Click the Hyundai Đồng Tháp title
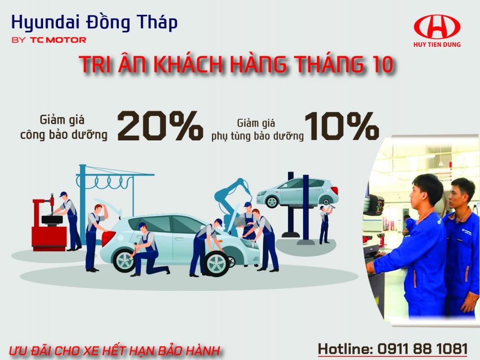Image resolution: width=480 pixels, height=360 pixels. [94, 23]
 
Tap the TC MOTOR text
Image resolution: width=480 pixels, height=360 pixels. [58, 40]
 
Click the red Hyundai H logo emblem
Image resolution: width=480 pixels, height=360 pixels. [437, 27]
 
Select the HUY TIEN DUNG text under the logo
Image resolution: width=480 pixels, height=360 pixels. [437, 45]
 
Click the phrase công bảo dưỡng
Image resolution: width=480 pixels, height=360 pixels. [64, 135]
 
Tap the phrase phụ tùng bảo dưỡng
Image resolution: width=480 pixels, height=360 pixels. [257, 136]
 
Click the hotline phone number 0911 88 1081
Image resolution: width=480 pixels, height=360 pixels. [422, 349]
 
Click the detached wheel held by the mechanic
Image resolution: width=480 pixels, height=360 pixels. [216, 262]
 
